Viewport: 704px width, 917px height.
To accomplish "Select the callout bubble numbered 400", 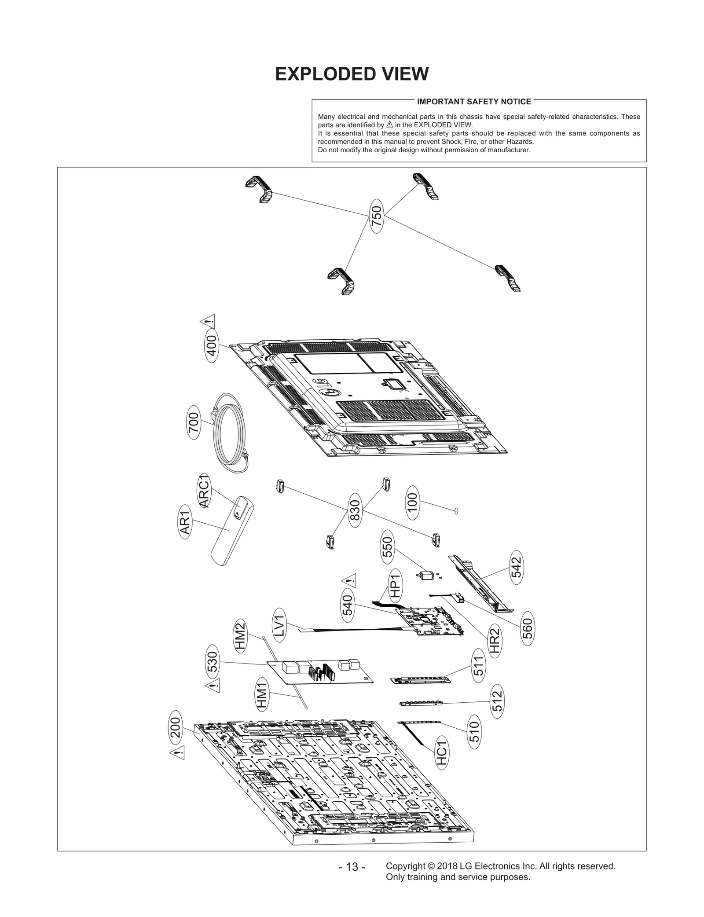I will click(x=212, y=348).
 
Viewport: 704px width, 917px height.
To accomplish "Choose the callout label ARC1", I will click(x=205, y=490).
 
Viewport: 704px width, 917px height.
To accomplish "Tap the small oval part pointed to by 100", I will click(x=456, y=511).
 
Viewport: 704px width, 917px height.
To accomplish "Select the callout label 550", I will click(x=387, y=547).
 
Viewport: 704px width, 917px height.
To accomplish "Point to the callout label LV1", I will click(x=280, y=624).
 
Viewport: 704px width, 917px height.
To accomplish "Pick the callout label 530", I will click(x=212, y=661).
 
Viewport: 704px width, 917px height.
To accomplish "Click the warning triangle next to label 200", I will click(x=177, y=753).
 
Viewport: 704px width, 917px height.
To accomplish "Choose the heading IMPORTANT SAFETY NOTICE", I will click(x=474, y=102).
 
